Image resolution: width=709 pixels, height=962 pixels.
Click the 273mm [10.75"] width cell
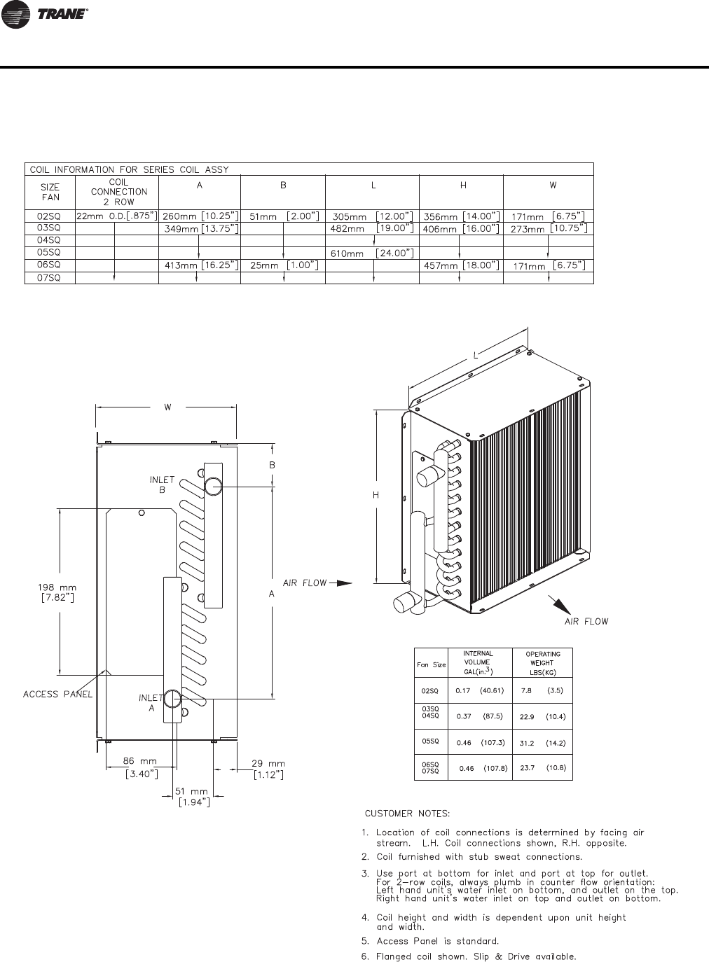pos(548,229)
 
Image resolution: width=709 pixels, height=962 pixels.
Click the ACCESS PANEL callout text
pos(58,694)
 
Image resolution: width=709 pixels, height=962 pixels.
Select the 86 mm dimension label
pos(139,761)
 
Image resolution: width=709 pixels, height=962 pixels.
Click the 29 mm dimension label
pos(268,763)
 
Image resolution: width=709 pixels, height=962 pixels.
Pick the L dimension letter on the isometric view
pos(475,356)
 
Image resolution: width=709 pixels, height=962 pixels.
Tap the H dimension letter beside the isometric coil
pos(376,495)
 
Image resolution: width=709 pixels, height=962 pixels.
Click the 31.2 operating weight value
pos(527,742)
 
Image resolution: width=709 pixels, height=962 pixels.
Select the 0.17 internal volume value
pos(463,690)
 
